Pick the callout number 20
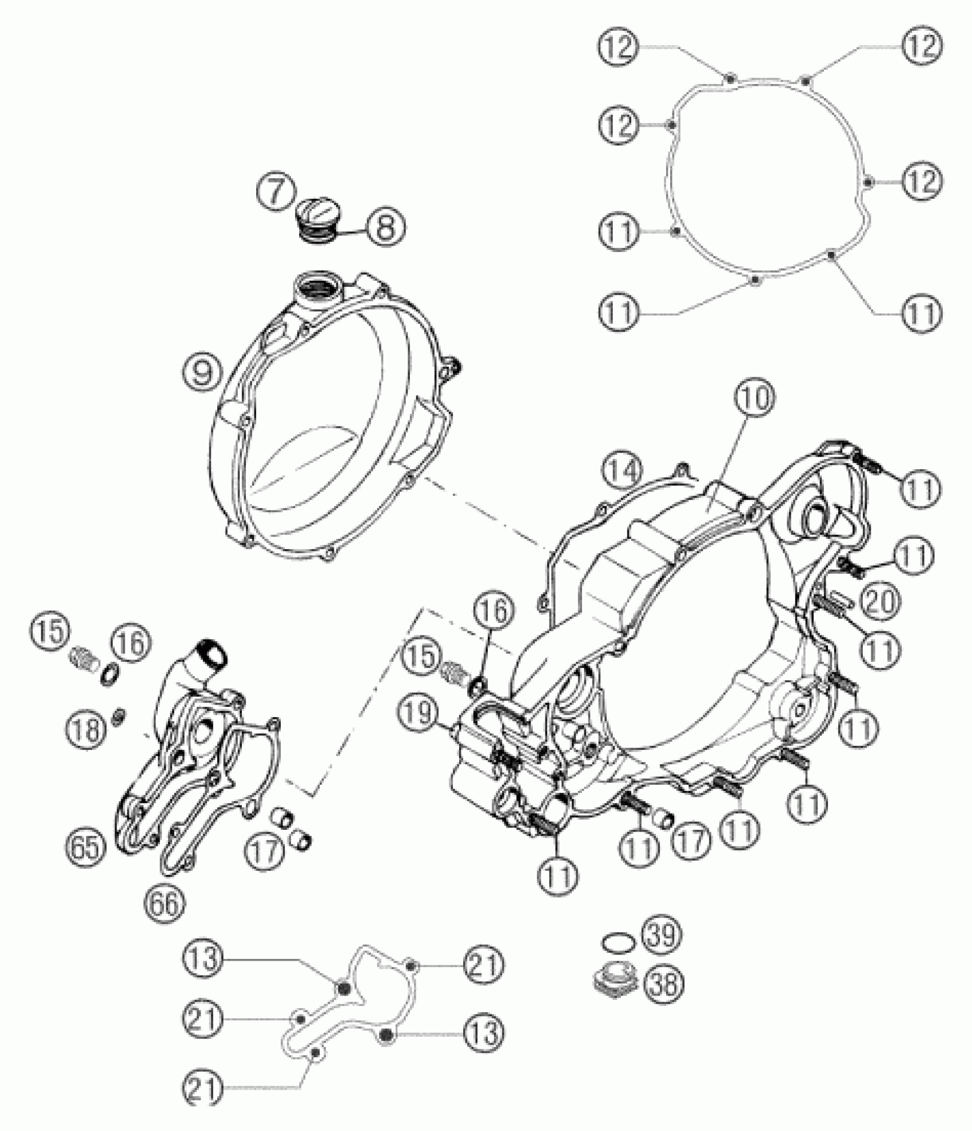click(x=879, y=601)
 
